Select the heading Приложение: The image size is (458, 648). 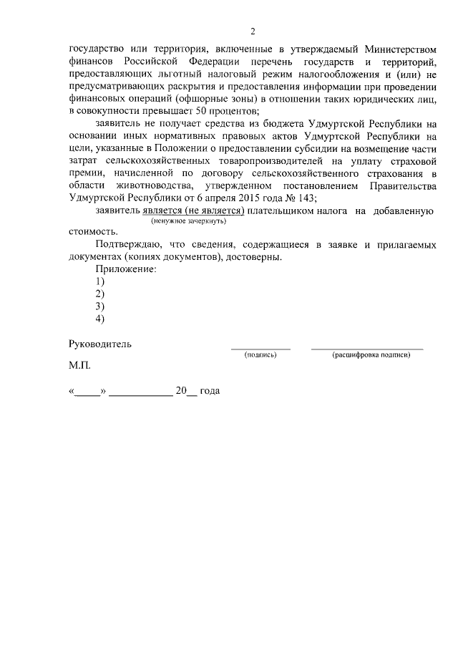[125, 269]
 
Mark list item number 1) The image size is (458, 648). [100, 281]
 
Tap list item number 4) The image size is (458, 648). [100, 319]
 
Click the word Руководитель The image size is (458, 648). [100, 344]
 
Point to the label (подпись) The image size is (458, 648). [260, 354]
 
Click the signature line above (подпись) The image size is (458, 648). [260, 348]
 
